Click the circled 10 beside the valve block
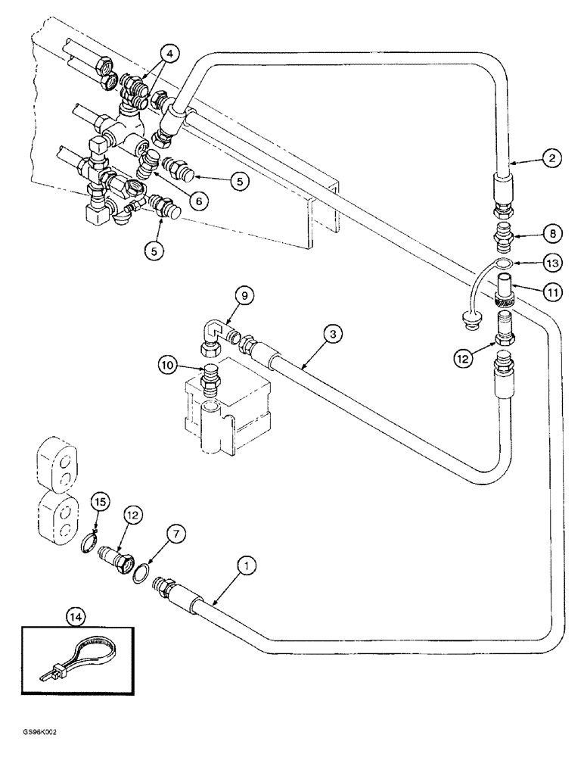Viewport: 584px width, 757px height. pyautogui.click(x=169, y=365)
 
